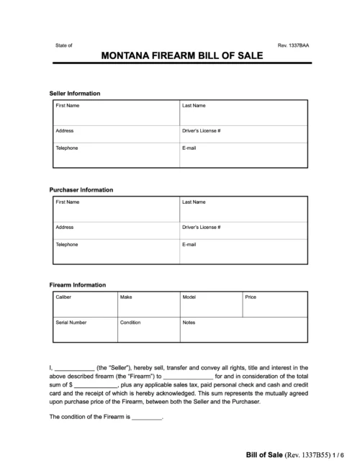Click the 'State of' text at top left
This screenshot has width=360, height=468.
click(64, 45)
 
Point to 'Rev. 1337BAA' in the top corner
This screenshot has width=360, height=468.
click(294, 45)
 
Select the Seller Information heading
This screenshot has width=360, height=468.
click(74, 94)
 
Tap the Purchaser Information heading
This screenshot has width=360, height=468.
click(81, 189)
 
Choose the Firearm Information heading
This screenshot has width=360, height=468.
click(77, 284)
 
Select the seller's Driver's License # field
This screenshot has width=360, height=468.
click(243, 134)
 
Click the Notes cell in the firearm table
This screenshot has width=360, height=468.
click(243, 328)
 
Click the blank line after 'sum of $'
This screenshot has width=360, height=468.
click(96, 385)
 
